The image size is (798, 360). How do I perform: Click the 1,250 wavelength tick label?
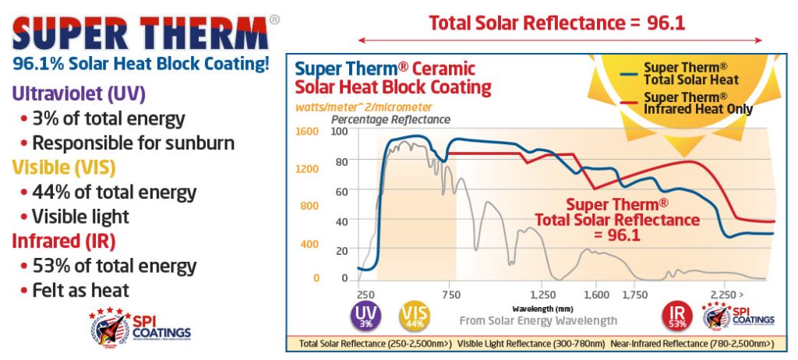(x=542, y=295)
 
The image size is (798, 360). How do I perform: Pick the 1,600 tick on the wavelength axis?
(x=596, y=295)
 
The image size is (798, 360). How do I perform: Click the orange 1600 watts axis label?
(x=309, y=132)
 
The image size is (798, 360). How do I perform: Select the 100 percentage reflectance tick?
(x=340, y=132)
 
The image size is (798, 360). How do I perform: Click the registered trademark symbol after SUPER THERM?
(x=274, y=19)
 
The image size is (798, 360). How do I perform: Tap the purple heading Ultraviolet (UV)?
(x=78, y=94)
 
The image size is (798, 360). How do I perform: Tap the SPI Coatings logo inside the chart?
(x=738, y=316)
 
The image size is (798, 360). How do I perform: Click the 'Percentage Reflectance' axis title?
(x=390, y=119)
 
